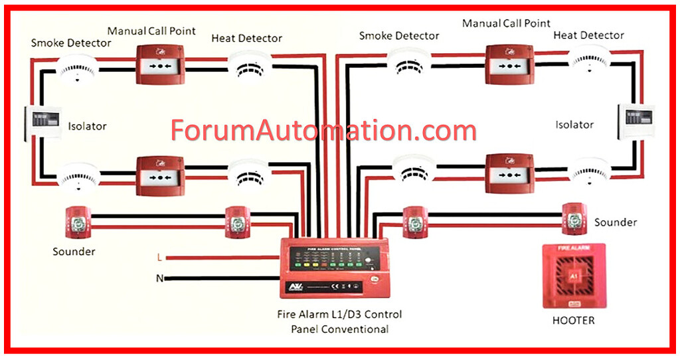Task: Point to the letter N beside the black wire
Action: [x=159, y=278]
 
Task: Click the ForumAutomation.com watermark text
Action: [x=323, y=130]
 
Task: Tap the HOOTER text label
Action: [x=574, y=320]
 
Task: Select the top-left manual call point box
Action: [x=160, y=64]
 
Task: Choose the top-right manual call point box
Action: [x=509, y=64]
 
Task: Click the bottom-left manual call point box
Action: [x=160, y=175]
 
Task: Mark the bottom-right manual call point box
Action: [x=509, y=173]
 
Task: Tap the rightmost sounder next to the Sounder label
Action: [x=574, y=218]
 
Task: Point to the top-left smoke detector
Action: [x=77, y=67]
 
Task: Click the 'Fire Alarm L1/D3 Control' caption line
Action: [x=340, y=314]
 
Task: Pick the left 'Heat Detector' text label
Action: [x=246, y=38]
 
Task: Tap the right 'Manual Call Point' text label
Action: [x=506, y=23]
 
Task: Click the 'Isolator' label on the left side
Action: [x=87, y=126]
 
